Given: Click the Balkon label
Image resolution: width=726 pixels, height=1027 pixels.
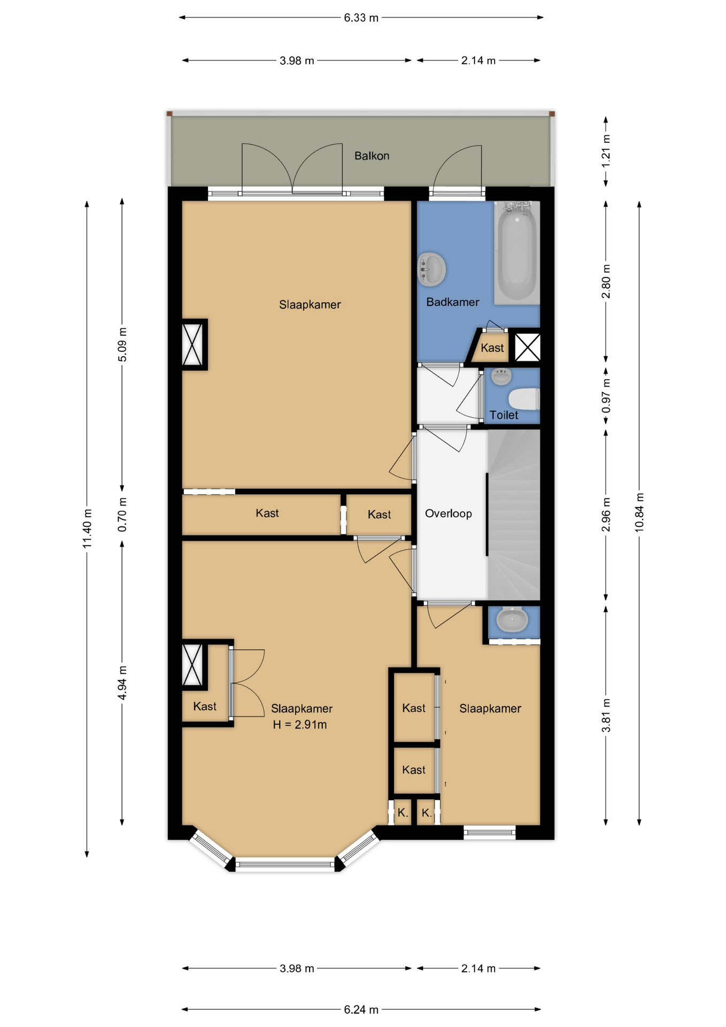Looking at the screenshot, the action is click(x=372, y=156).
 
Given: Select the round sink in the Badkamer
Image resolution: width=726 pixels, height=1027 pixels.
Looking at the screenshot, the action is click(x=431, y=269).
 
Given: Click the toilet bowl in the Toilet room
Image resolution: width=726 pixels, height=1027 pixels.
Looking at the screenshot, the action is click(x=523, y=399).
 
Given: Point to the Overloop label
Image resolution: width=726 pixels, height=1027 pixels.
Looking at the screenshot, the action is click(x=448, y=513).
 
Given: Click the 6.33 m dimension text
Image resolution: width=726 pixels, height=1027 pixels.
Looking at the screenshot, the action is click(x=361, y=18).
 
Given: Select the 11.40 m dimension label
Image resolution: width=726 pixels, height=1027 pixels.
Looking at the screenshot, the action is click(x=87, y=528).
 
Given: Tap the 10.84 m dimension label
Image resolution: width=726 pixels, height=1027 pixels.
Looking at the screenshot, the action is click(x=639, y=512).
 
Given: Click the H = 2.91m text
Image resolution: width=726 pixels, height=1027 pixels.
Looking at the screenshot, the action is click(x=299, y=725).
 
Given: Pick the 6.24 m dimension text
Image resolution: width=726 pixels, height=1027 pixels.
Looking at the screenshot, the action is click(x=361, y=1009).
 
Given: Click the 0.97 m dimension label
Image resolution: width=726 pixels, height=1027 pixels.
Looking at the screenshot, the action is click(x=606, y=396).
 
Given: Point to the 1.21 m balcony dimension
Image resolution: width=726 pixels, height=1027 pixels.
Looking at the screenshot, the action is click(x=606, y=151).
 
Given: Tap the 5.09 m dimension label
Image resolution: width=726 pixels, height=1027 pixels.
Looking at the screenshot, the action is click(x=122, y=344).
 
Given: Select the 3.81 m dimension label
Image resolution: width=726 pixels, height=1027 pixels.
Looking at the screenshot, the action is click(x=606, y=716).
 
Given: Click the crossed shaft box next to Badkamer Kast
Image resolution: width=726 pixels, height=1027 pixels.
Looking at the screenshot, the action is click(x=527, y=347).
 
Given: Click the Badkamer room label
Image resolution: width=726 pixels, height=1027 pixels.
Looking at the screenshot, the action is click(x=452, y=302).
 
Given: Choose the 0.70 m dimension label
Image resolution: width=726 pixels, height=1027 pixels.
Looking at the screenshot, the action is click(x=122, y=515).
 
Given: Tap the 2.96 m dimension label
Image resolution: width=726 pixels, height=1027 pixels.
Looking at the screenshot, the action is click(x=606, y=515).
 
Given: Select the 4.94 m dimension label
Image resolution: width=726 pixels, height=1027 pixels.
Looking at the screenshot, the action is click(x=122, y=683).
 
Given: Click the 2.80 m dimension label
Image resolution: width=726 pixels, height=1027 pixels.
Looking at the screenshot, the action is click(x=606, y=281).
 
